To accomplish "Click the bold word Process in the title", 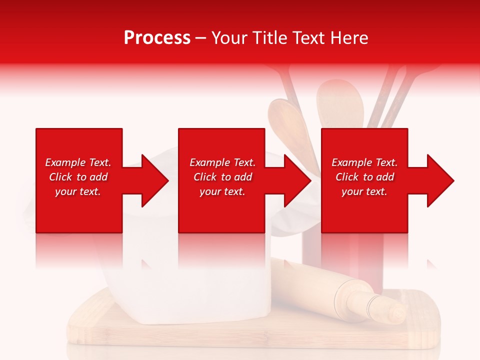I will (157, 38).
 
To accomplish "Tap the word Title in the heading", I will (270, 38).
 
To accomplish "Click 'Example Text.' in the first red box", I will (78, 162).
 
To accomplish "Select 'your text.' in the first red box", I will (78, 191).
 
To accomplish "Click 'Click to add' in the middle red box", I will (222, 177).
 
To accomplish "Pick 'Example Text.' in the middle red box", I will (222, 162).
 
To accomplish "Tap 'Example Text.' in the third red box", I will (364, 162).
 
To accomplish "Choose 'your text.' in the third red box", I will (364, 191).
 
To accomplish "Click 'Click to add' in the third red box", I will (364, 177).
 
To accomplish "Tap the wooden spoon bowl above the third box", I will (340, 102).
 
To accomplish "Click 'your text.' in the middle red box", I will (222, 191).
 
